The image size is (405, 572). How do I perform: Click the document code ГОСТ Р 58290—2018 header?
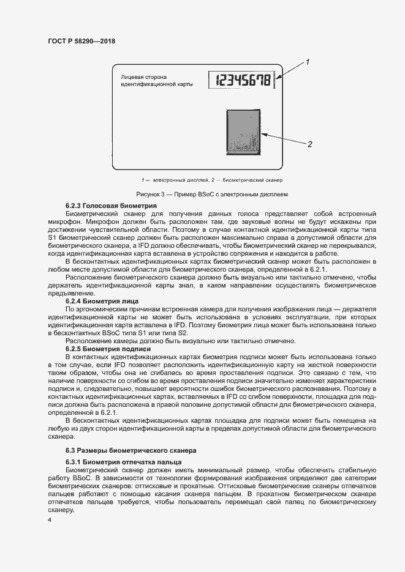pos(81,41)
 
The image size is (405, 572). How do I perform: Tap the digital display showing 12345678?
pos(241,80)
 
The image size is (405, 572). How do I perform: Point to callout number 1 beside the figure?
pos(308,62)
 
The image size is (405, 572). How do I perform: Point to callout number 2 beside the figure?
pos(310,144)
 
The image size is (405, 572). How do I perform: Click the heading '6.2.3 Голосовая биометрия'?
pos(111,205)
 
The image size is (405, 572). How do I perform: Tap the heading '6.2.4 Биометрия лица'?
pos(102,301)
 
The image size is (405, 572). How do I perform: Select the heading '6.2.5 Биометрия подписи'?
pos(108,349)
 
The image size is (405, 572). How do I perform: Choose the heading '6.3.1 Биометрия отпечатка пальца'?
pos(122,461)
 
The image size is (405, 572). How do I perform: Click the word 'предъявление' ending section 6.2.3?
pos(67,293)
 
